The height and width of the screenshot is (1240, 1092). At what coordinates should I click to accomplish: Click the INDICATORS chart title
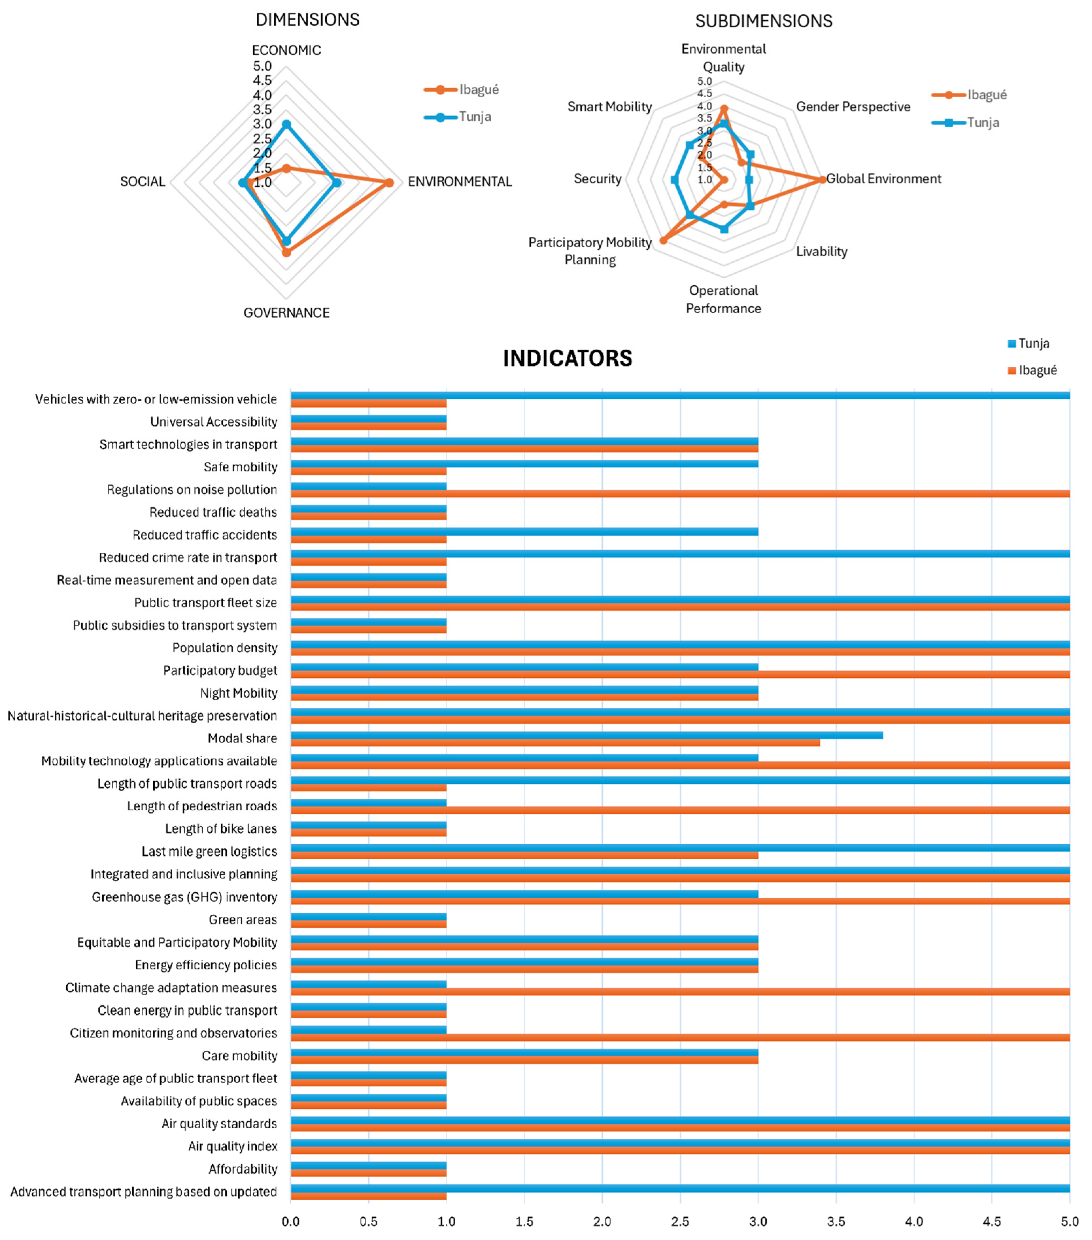(567, 359)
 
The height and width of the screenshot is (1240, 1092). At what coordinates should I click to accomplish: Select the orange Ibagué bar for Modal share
(555, 743)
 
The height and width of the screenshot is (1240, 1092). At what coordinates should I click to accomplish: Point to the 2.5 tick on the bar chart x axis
(680, 1221)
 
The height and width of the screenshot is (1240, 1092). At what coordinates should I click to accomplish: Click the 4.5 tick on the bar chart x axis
(992, 1221)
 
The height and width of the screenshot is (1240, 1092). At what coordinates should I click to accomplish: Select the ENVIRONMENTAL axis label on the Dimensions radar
(459, 182)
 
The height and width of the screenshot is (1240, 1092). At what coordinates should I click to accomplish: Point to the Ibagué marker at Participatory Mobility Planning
(663, 240)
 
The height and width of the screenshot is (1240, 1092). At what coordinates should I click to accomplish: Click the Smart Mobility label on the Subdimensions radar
(609, 107)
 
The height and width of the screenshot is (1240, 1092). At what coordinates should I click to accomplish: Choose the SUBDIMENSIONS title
(763, 21)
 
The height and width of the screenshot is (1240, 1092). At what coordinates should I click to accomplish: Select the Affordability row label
(243, 1169)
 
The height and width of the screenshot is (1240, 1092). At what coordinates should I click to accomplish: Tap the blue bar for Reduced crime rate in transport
(680, 554)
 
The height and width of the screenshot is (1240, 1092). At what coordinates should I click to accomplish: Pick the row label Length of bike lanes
(221, 829)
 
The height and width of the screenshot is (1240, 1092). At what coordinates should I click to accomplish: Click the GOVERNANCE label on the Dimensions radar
(286, 313)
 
